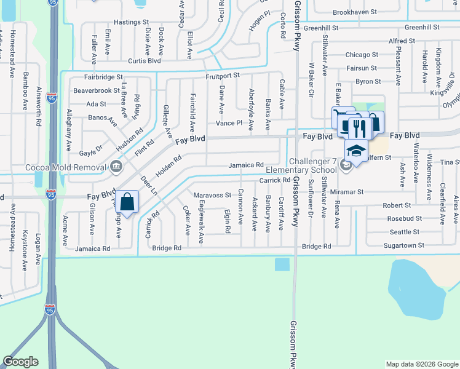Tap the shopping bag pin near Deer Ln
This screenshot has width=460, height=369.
(x=127, y=202)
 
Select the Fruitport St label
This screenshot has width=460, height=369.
(x=222, y=76)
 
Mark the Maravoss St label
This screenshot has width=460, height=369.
(x=212, y=195)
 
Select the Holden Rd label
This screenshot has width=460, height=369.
(x=168, y=167)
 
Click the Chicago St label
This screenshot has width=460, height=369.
(x=362, y=55)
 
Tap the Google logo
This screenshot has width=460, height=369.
(x=20, y=362)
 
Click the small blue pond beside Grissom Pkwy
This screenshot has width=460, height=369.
(x=282, y=264)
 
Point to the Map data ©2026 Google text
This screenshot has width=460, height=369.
(x=422, y=364)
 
